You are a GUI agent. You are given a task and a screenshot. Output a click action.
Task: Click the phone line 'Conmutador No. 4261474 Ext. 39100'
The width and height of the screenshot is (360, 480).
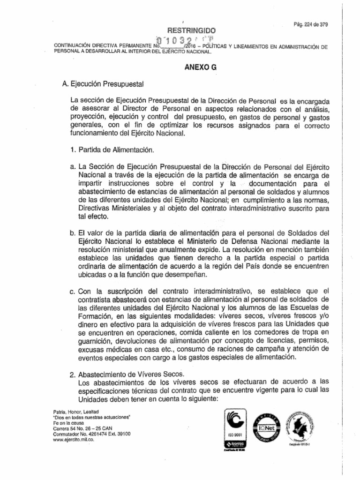pyautogui.click(x=88, y=435)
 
